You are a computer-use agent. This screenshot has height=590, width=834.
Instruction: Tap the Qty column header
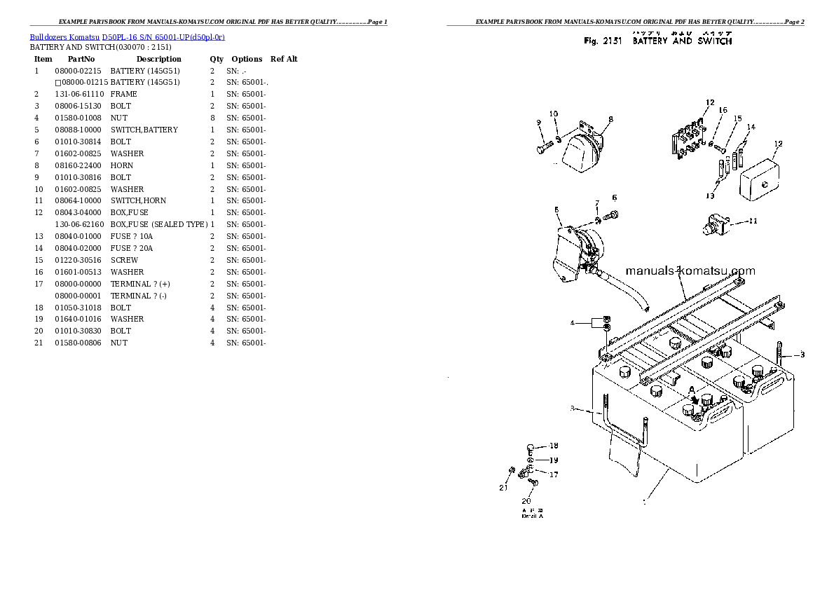tap(217, 59)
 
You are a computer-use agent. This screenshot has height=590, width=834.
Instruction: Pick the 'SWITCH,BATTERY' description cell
tap(144, 130)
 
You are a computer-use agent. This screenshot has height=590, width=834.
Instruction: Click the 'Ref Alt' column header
tap(284, 59)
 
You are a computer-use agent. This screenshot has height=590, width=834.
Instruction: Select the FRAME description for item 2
tap(123, 94)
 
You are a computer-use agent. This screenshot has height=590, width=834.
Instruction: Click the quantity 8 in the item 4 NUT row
tap(212, 118)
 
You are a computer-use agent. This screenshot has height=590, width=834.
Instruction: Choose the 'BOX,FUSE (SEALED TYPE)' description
tap(158, 224)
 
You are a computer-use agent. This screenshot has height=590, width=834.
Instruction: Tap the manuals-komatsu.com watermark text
tap(690, 271)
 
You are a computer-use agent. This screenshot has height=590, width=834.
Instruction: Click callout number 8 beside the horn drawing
tap(610, 119)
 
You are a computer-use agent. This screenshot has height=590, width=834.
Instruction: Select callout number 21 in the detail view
tap(503, 488)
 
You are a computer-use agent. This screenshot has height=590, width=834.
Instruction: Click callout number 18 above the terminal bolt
tap(554, 446)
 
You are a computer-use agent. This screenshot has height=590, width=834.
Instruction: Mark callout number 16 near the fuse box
tap(723, 110)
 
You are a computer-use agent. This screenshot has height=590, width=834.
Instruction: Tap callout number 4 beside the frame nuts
tap(572, 323)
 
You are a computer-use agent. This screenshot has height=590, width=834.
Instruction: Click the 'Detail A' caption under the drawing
tap(532, 516)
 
